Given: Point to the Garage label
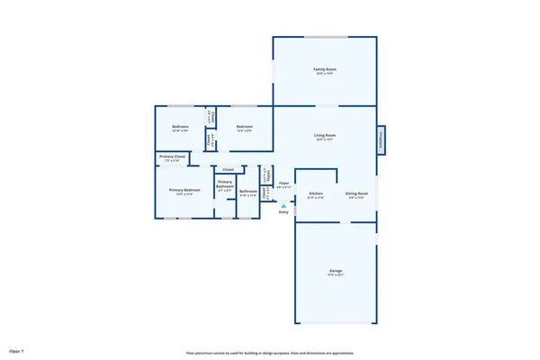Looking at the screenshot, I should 334,271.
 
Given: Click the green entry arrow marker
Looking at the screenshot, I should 283,206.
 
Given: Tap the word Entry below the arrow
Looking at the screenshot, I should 283,212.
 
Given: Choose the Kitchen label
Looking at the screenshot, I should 316,193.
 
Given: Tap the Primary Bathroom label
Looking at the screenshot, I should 225,185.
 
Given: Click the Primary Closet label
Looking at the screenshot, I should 173,157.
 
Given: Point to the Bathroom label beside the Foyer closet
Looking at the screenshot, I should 247,191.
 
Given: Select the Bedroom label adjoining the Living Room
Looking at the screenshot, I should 244,127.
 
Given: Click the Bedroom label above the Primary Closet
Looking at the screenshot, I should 181,127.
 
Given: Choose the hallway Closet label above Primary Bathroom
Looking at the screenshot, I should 228,169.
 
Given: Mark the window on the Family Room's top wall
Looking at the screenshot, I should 325,37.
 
